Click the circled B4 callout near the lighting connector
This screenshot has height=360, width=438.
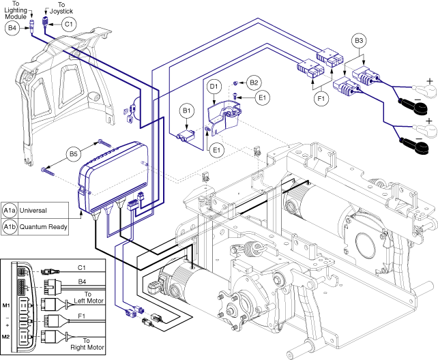(x=12, y=28)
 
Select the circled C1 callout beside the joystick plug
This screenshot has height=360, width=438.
(x=68, y=24)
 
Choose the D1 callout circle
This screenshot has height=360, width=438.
(x=214, y=87)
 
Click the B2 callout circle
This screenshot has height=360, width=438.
(x=254, y=83)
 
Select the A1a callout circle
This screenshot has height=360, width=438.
(x=10, y=210)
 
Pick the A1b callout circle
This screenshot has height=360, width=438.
(x=10, y=226)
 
